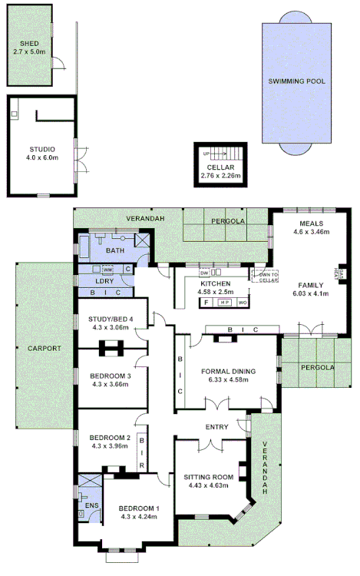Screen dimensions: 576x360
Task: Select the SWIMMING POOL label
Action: pyautogui.click(x=296, y=81)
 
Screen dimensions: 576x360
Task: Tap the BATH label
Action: pyautogui.click(x=115, y=250)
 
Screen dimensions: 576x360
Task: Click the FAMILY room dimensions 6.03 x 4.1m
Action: pyautogui.click(x=309, y=293)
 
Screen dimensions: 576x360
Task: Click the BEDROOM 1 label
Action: pyautogui.click(x=138, y=508)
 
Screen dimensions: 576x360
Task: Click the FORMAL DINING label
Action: pyautogui.click(x=228, y=371)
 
